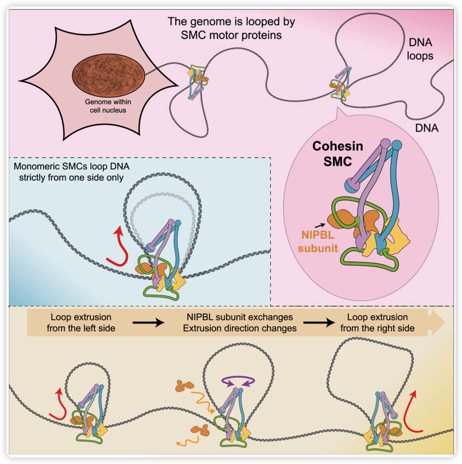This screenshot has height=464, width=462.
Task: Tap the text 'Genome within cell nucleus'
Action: coord(108,106)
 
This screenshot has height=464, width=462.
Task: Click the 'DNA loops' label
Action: coord(420,49)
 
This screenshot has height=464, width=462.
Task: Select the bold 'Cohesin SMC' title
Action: coord(337,154)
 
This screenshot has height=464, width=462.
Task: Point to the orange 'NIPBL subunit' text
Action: coord(318,241)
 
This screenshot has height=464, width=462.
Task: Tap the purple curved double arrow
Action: coord(238,381)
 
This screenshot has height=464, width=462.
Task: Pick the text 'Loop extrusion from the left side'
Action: coord(81,323)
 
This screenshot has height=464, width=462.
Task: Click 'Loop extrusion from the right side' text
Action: coord(377,323)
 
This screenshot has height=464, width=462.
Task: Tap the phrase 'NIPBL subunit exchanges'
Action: coord(240,317)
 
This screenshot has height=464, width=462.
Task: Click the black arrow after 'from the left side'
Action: coord(148,323)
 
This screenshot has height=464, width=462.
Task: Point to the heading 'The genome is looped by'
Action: coord(231,22)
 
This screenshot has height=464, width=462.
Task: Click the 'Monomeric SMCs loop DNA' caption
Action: coord(72,167)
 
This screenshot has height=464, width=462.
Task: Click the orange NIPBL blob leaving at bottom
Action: coord(200,430)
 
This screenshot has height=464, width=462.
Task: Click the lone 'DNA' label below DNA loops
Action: coord(427,128)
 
